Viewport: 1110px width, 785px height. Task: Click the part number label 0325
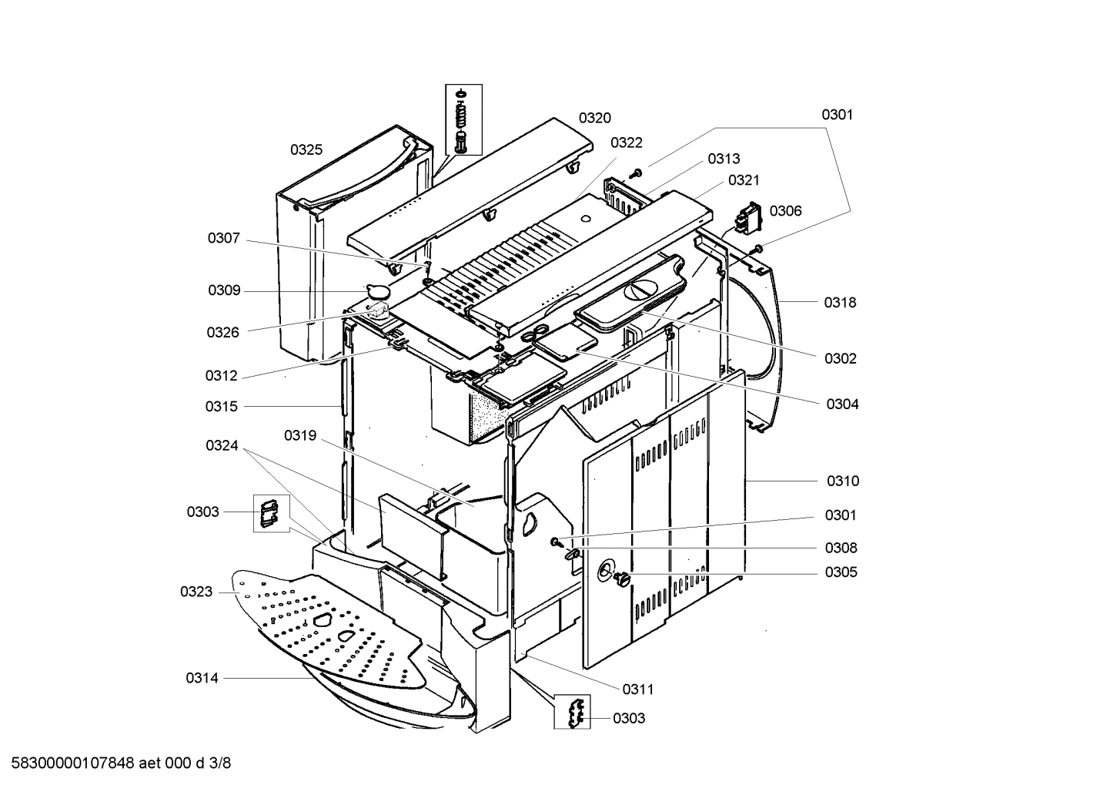pos(306,150)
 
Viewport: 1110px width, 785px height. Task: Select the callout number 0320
pos(594,118)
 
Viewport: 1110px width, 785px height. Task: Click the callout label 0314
pos(202,678)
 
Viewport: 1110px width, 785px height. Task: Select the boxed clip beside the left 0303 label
pos(270,513)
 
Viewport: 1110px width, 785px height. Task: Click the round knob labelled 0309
pos(378,292)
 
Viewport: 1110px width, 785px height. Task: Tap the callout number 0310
pos(842,481)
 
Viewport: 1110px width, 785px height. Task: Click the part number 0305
pos(841,572)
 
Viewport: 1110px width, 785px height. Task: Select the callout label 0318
pos(840,303)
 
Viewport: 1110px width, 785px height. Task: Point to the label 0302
pos(840,358)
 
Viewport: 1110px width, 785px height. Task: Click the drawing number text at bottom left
pos(116,763)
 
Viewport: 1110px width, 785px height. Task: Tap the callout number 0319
pos(300,436)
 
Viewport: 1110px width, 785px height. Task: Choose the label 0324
pos(222,446)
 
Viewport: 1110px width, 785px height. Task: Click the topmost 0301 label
pos(837,115)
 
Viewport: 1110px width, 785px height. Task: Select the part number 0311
pos(638,689)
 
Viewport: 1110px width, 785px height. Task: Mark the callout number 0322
pos(626,143)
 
